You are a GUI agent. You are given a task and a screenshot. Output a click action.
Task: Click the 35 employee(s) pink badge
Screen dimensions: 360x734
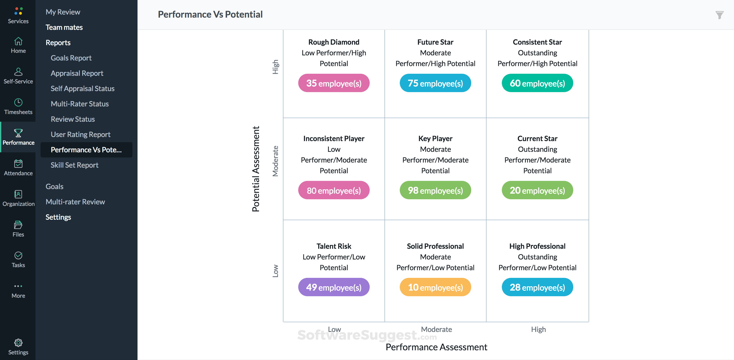[x=334, y=83]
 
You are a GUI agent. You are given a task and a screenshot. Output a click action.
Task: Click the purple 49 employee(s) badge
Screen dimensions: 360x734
[x=334, y=287]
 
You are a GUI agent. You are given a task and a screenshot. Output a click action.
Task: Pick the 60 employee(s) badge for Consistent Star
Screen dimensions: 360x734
[x=537, y=83]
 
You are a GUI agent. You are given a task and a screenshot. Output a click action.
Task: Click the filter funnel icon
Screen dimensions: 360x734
[x=719, y=15]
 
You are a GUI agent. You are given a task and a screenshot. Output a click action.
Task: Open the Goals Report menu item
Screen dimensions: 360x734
[x=71, y=58]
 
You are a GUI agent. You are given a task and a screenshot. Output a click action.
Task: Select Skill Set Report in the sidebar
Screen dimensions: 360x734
[x=74, y=165]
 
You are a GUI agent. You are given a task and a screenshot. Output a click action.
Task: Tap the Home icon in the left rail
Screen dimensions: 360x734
[x=18, y=42]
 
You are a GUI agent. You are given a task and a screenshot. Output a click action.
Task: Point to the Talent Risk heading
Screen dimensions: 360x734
[x=334, y=246]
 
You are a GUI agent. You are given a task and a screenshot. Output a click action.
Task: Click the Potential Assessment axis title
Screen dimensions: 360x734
[x=256, y=169]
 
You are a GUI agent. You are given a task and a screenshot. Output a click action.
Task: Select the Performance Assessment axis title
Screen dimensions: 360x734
[x=436, y=347]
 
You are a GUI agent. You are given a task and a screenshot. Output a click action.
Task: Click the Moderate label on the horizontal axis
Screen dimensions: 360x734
[x=436, y=329]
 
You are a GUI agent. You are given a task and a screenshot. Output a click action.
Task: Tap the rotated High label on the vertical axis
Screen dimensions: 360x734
[x=275, y=67]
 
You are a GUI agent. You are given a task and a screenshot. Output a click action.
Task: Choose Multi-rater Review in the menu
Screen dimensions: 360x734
[x=75, y=202]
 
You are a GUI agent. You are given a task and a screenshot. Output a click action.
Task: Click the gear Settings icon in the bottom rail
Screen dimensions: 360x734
[x=18, y=343]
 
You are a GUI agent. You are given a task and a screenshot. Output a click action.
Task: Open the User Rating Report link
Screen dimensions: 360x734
[x=80, y=134]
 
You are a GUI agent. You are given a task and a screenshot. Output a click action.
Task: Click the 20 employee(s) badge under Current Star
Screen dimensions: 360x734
[x=537, y=190]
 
